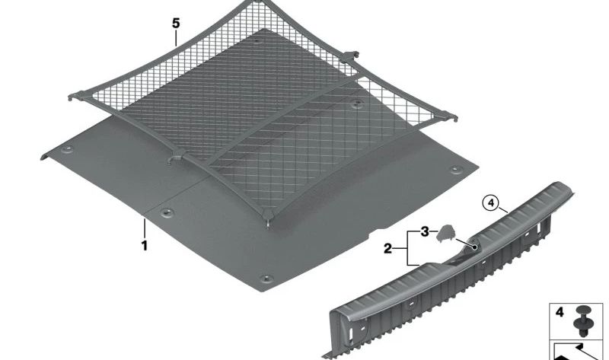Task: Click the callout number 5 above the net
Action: click(176, 24)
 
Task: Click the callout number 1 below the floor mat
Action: click(145, 246)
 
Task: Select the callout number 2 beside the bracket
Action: click(387, 249)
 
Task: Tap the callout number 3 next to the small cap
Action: click(425, 232)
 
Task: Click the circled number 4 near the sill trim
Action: click(491, 202)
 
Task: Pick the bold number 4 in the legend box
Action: click(560, 312)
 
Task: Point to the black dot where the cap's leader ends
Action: click(474, 247)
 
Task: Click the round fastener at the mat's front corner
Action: click(266, 279)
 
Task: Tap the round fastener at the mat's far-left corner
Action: click(69, 149)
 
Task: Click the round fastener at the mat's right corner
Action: click(455, 169)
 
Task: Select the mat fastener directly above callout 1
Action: click(167, 212)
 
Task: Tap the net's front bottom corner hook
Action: click(268, 217)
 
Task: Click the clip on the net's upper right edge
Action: click(350, 56)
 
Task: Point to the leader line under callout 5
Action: click(176, 39)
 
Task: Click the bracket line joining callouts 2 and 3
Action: click(409, 249)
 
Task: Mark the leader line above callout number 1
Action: click(145, 229)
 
